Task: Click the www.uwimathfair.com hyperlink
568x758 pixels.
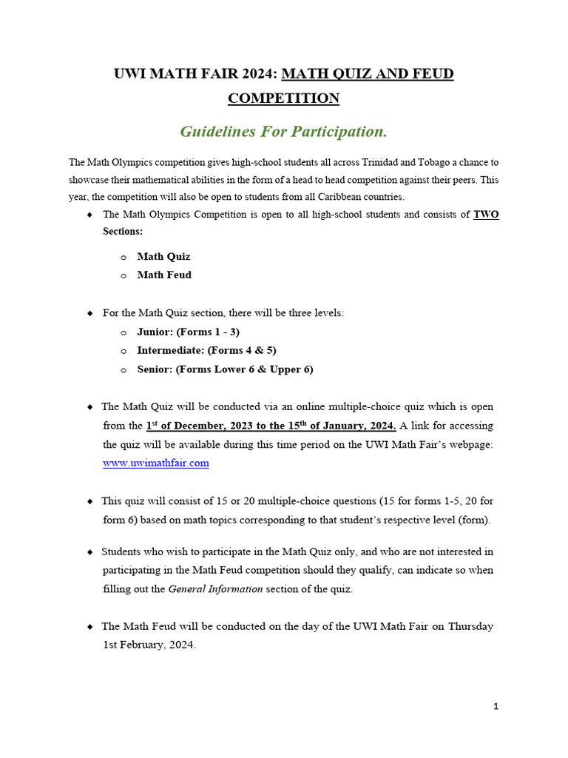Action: [155, 463]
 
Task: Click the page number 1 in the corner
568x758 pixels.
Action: [496, 706]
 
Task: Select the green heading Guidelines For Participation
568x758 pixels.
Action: [283, 132]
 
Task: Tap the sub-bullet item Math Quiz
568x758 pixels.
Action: [163, 256]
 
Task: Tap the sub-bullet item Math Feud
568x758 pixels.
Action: [164, 275]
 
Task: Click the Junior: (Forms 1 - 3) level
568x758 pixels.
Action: [188, 332]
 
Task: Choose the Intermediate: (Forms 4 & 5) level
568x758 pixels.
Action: [206, 350]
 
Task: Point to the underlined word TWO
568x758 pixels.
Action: [486, 215]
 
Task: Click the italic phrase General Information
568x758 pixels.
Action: [215, 589]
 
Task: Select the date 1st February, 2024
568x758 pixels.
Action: [149, 645]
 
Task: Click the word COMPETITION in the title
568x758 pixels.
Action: [283, 98]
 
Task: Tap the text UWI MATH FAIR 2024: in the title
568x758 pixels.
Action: [195, 74]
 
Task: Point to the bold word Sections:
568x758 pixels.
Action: [123, 231]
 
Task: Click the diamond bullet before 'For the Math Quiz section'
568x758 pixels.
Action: [89, 313]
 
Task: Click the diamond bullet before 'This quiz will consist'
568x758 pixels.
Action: [89, 502]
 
